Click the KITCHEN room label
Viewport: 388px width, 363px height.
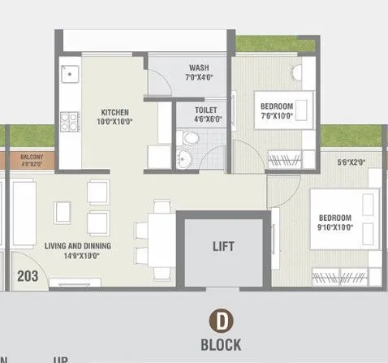[115, 111]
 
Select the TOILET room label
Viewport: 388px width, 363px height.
[205, 109]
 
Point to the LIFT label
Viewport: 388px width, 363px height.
[223, 244]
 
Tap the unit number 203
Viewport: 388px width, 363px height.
[28, 275]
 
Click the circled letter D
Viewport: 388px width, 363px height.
[221, 319]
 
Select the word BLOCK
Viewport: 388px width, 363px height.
[221, 343]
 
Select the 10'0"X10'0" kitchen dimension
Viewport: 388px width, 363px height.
[115, 121]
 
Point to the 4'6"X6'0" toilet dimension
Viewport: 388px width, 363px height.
[205, 119]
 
